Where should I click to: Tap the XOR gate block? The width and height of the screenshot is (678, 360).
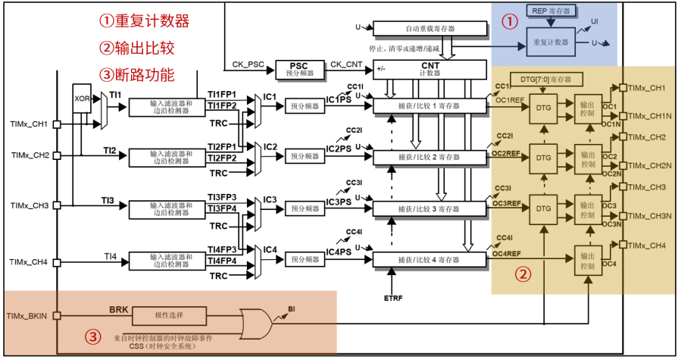pyautogui.click(x=83, y=99)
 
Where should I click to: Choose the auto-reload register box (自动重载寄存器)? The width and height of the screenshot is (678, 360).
pyautogui.click(x=430, y=28)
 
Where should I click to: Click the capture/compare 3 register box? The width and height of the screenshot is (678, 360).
pyautogui.click(x=429, y=208)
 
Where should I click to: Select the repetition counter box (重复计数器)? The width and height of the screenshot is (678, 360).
pyautogui.click(x=551, y=42)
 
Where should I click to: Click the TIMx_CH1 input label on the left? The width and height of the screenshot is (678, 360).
pyautogui.click(x=30, y=123)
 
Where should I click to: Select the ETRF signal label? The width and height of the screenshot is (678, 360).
pyautogui.click(x=393, y=298)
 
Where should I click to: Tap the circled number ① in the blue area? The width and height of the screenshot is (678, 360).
pyautogui.click(x=508, y=21)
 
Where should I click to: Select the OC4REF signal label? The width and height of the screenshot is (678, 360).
pyautogui.click(x=506, y=253)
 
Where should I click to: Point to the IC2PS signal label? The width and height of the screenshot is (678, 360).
pyautogui.click(x=339, y=150)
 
